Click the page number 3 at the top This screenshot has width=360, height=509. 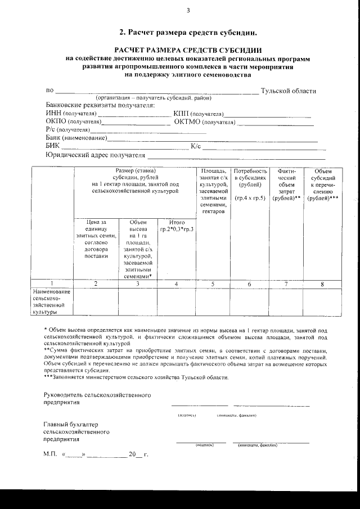188,10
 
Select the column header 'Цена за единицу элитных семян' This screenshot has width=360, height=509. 96,237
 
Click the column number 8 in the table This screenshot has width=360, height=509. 322,284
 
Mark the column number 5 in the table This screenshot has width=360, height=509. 213,284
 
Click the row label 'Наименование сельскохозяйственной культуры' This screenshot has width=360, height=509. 51,301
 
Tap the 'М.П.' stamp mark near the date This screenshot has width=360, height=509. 50,454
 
